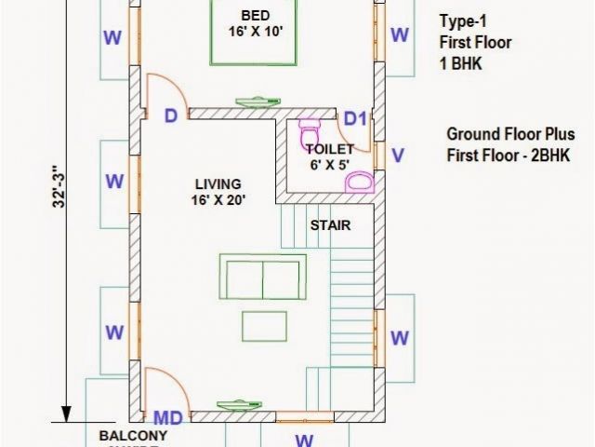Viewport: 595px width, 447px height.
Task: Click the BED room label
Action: click(x=256, y=15)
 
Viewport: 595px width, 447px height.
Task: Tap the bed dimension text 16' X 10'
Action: click(x=256, y=32)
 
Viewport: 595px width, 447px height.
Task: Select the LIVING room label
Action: click(x=218, y=183)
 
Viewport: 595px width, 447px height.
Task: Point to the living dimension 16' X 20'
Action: click(x=218, y=199)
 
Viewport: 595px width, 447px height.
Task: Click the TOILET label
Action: click(x=328, y=148)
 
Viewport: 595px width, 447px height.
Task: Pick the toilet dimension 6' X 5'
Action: click(x=328, y=165)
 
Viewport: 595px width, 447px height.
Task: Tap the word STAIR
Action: click(x=329, y=225)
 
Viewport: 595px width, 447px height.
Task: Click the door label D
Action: click(x=171, y=116)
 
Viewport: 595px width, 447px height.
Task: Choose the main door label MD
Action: click(x=167, y=416)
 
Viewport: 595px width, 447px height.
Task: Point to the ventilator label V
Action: click(x=398, y=156)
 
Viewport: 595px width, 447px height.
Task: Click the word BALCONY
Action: click(x=133, y=436)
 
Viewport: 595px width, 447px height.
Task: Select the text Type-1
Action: click(x=462, y=21)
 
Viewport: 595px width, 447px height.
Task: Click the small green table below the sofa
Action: click(x=263, y=325)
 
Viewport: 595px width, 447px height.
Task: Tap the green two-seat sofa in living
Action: click(x=263, y=277)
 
